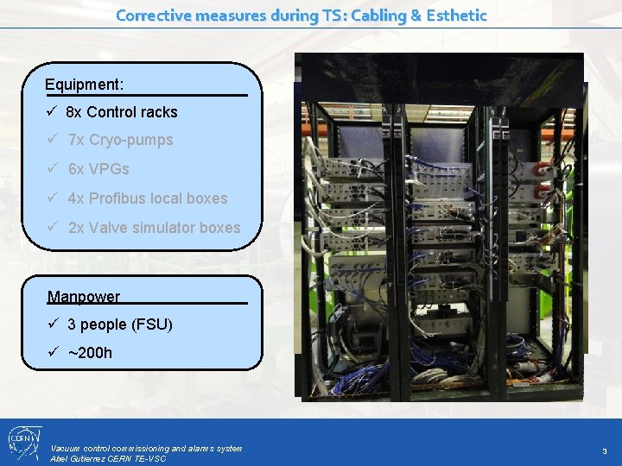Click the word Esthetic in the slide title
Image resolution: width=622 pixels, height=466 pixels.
(x=454, y=16)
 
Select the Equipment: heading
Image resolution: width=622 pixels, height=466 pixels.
(x=85, y=85)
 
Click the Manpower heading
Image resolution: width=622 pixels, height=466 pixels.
(x=84, y=297)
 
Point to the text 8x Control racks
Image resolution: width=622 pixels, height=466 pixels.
(x=121, y=112)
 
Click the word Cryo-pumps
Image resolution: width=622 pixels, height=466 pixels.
(x=131, y=140)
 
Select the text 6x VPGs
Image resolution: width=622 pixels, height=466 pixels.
(x=98, y=169)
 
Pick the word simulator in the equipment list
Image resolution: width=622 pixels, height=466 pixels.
(x=163, y=228)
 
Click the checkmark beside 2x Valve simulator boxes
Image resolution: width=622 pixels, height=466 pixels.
(x=54, y=228)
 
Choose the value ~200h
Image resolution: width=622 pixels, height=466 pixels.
(x=90, y=353)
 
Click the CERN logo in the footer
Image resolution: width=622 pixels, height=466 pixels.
(x=22, y=442)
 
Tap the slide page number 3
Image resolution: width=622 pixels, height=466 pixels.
(x=605, y=451)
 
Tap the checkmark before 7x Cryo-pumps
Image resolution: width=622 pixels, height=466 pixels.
(x=54, y=140)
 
